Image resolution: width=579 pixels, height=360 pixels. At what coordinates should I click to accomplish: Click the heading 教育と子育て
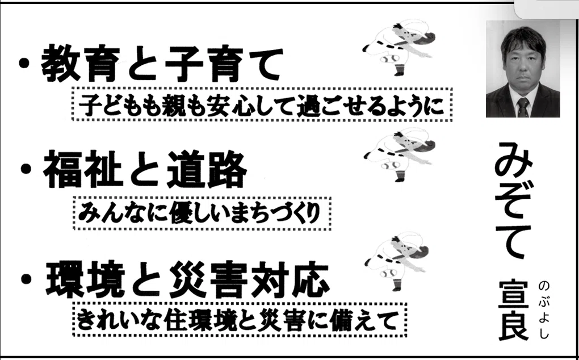click(x=162, y=63)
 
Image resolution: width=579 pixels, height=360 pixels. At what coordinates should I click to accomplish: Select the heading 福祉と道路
click(x=145, y=169)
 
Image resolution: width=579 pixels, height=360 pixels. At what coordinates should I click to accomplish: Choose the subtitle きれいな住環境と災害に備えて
click(x=237, y=320)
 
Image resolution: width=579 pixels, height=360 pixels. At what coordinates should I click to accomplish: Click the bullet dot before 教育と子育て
click(x=24, y=64)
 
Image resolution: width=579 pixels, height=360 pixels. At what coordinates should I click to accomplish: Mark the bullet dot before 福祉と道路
click(x=26, y=169)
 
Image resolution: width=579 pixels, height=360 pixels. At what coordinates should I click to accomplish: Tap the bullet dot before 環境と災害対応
click(x=26, y=278)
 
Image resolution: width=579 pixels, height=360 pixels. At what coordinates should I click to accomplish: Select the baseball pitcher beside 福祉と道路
click(x=400, y=154)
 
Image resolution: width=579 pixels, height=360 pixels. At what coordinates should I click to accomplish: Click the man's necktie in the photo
click(x=523, y=107)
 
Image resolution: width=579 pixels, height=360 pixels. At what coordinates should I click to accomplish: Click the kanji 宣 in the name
click(x=514, y=295)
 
